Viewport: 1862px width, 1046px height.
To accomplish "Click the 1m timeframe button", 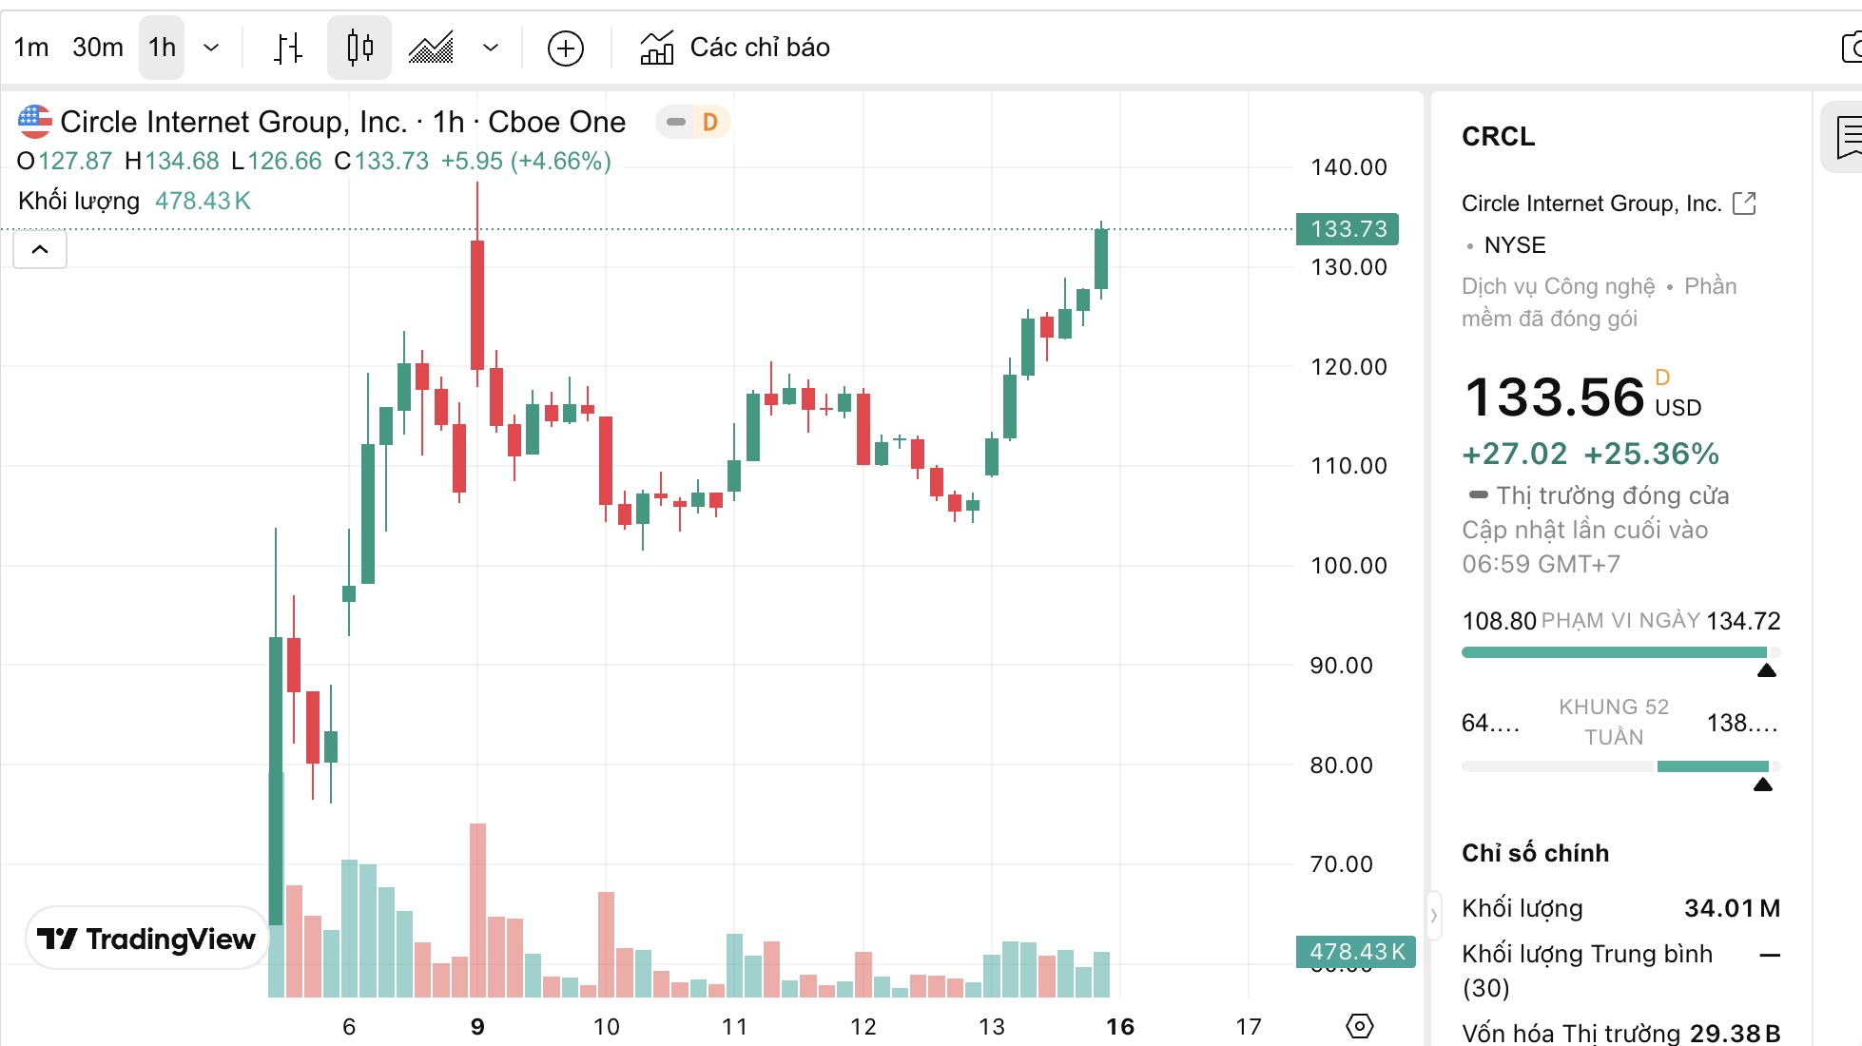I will (x=31, y=48).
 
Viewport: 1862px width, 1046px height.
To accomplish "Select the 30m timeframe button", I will (x=98, y=48).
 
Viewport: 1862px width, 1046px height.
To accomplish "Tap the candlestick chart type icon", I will (x=359, y=48).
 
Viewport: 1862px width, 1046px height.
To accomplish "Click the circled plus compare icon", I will (x=566, y=48).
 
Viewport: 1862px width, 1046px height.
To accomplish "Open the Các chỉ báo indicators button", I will (x=735, y=48).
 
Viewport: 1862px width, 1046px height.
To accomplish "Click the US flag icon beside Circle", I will (x=35, y=122).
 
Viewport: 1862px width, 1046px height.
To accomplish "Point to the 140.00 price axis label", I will (x=1348, y=167).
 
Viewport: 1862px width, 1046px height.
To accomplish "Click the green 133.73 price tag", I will (x=1348, y=229).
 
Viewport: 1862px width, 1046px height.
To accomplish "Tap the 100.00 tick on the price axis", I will (x=1348, y=566).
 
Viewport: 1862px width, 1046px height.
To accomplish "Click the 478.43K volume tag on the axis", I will (x=1355, y=952).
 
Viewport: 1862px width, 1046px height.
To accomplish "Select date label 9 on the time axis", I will (x=477, y=1027).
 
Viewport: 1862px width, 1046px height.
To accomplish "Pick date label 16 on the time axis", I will (x=1120, y=1027).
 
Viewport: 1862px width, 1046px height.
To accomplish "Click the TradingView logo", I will (x=147, y=939).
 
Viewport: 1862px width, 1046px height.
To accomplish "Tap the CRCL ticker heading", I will (x=1498, y=137).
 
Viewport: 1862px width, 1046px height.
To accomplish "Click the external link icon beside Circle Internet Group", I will (x=1744, y=203).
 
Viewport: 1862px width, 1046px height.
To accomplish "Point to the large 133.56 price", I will (x=1554, y=397).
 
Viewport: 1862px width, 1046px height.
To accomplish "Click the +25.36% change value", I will (x=1651, y=455).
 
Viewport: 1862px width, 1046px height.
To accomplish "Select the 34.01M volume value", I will (x=1732, y=909).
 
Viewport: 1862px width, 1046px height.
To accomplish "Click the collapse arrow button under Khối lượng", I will (x=40, y=250).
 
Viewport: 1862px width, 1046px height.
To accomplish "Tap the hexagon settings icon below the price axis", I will (x=1360, y=1026).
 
